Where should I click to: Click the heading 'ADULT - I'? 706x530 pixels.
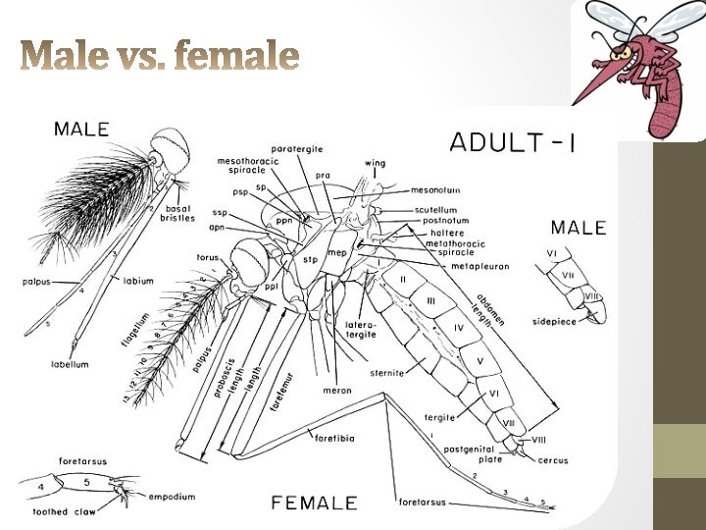512,142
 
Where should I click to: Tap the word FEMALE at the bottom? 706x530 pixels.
314,503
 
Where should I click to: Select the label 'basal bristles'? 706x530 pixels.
177,214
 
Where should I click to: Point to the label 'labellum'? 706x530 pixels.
70,364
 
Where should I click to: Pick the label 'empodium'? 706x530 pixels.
172,497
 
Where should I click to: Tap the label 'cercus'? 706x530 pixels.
551,459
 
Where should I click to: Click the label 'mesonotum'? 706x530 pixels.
436,190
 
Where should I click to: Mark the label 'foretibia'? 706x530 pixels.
332,435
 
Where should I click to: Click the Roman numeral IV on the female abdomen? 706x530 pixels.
457,326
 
